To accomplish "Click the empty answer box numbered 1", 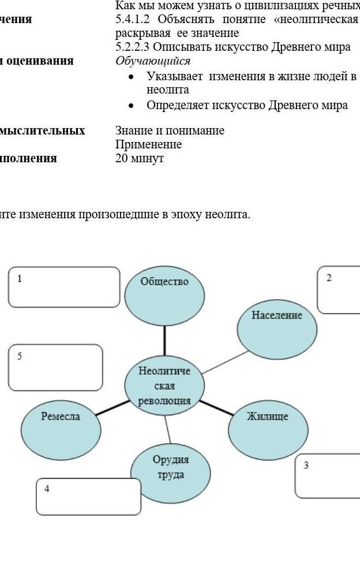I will point(64,287).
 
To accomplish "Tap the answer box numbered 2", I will point(339,290).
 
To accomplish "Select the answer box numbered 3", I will point(328,476).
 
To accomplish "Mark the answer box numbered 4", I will point(88,497).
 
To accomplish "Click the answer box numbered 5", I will point(56,368).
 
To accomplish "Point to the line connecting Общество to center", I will point(165,342).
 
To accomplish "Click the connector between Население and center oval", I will point(223,361).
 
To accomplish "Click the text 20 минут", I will point(140,158).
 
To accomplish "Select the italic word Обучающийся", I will point(153,61).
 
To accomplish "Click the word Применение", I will point(149,144).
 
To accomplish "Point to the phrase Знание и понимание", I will point(170,131).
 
